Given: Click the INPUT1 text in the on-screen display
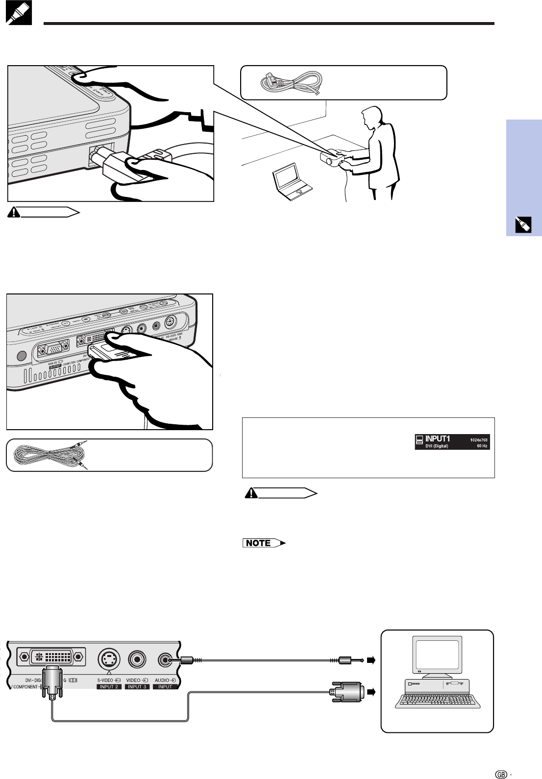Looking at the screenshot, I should [x=437, y=438].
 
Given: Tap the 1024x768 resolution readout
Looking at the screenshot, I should [x=479, y=439].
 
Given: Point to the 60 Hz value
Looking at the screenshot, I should [x=482, y=446].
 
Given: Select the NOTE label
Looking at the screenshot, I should [x=259, y=543].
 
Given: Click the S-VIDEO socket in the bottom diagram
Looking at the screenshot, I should [x=109, y=659].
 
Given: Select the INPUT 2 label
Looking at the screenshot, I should [x=109, y=687].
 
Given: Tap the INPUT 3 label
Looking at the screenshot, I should [x=137, y=687].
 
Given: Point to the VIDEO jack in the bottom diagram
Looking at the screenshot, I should [x=138, y=660].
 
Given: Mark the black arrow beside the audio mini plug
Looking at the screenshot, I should [x=370, y=660].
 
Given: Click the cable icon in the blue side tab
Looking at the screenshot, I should [x=523, y=225].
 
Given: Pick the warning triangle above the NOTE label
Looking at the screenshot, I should [x=251, y=493].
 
